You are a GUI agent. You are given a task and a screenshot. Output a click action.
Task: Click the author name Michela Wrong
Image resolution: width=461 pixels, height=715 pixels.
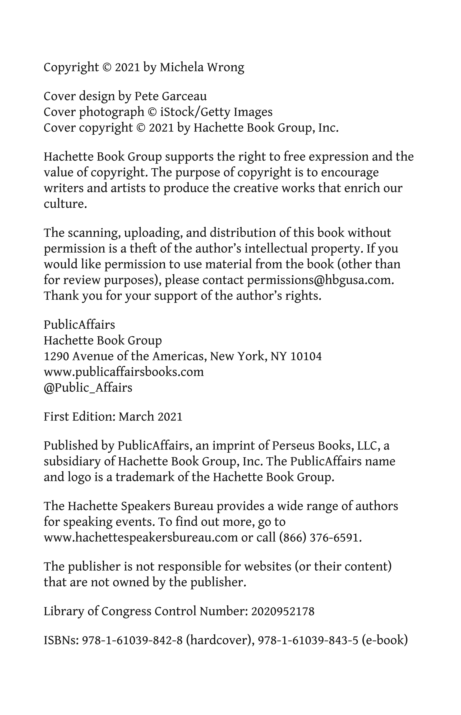[x=202, y=67]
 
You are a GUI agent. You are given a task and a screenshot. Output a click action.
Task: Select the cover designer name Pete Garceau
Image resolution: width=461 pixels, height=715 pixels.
[x=170, y=97]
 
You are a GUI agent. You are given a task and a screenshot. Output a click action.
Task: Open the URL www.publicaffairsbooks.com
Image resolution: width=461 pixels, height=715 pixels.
[x=124, y=372]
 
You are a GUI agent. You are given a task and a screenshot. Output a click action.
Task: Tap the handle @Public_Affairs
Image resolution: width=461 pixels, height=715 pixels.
[x=88, y=388]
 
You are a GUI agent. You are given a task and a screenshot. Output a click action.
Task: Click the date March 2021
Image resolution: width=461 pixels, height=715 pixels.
[x=150, y=417]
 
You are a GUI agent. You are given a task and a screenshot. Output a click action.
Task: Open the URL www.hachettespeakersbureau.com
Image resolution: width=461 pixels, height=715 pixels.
[x=141, y=538]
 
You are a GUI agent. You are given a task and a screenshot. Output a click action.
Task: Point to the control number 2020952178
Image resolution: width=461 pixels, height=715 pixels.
[x=283, y=611]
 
